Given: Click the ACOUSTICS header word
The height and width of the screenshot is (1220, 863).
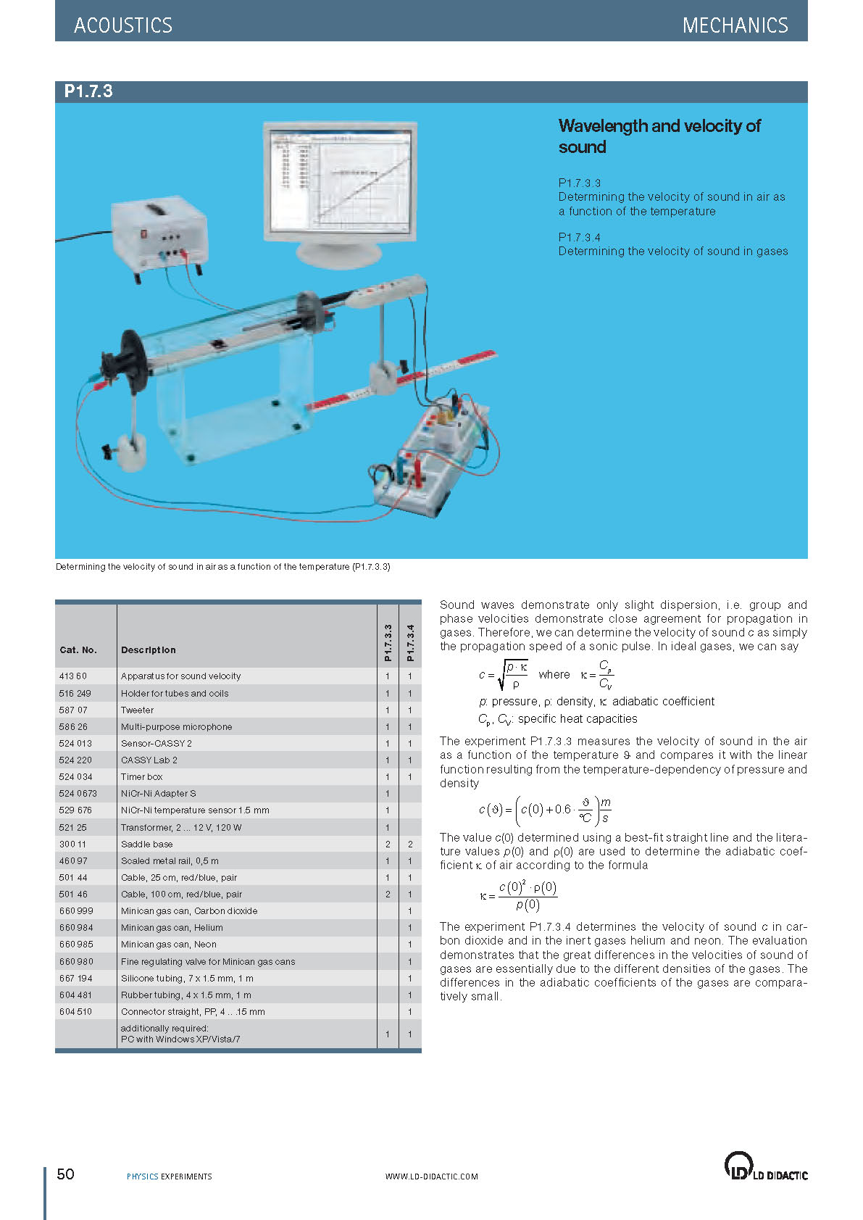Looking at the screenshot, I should (x=123, y=25).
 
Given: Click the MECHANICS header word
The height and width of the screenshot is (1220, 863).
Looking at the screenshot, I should (x=735, y=25).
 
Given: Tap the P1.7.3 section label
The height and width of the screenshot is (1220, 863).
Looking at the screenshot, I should (x=88, y=91).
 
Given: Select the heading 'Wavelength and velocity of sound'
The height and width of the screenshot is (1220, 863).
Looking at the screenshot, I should (x=659, y=136).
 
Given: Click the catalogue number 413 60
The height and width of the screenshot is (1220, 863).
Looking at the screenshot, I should (x=72, y=676).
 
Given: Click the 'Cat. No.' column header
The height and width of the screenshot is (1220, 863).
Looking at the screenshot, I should (x=78, y=650).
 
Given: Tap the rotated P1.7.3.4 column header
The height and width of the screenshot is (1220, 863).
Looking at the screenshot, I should (x=410, y=642).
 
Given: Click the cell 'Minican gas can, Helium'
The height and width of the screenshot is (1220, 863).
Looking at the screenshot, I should (x=172, y=928).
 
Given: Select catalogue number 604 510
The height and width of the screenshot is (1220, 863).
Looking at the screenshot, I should (x=76, y=1012).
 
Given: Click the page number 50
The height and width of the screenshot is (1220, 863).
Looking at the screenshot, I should (x=65, y=1174).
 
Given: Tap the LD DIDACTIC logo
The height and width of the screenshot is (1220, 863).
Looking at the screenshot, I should (x=765, y=1166).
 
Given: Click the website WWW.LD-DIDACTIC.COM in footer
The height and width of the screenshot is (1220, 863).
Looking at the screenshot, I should (x=431, y=1177).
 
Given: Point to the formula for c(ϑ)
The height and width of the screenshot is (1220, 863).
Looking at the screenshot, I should (x=545, y=810).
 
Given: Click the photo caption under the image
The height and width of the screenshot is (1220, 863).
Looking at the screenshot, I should (x=223, y=567).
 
